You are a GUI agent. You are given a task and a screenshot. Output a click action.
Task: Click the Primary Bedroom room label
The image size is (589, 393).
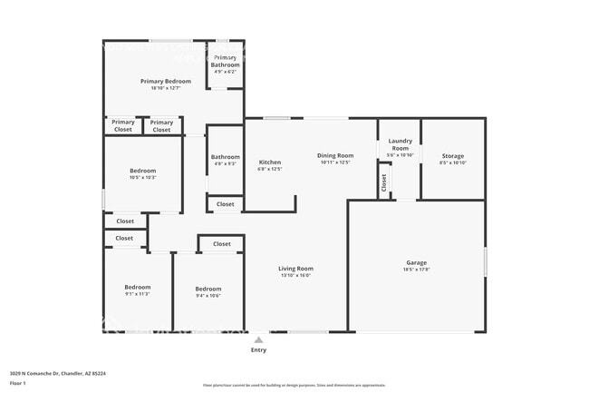(x=165, y=81)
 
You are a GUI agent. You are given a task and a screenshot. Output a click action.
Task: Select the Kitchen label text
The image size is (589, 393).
(x=270, y=162)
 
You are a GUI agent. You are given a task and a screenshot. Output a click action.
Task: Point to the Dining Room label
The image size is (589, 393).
(x=335, y=155)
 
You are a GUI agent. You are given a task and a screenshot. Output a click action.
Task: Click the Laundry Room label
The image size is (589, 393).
(x=400, y=144)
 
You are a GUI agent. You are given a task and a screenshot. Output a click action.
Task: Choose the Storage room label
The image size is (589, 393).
(x=452, y=156)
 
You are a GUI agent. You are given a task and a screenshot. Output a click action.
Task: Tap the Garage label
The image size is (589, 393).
(x=415, y=262)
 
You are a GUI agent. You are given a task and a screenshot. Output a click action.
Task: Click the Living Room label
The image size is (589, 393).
(x=295, y=268)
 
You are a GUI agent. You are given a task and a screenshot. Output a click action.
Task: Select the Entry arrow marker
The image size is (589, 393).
(x=258, y=339)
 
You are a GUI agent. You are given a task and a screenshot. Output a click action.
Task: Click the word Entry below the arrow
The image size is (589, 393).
(x=258, y=350)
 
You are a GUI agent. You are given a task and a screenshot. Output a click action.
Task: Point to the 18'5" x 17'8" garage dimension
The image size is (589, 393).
(x=416, y=270)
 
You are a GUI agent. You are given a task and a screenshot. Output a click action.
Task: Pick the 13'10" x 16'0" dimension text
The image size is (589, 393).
(x=295, y=275)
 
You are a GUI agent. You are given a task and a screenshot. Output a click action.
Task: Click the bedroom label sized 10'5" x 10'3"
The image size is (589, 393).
(x=142, y=171)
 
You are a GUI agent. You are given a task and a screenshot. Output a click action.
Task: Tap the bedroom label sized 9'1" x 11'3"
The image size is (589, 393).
(x=137, y=287)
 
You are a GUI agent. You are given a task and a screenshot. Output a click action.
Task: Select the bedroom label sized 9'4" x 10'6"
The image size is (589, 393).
(x=208, y=289)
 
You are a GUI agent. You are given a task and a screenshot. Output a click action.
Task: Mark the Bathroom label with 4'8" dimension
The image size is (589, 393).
(x=226, y=156)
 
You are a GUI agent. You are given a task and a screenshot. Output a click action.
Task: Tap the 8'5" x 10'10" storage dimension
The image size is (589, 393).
(x=452, y=163)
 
